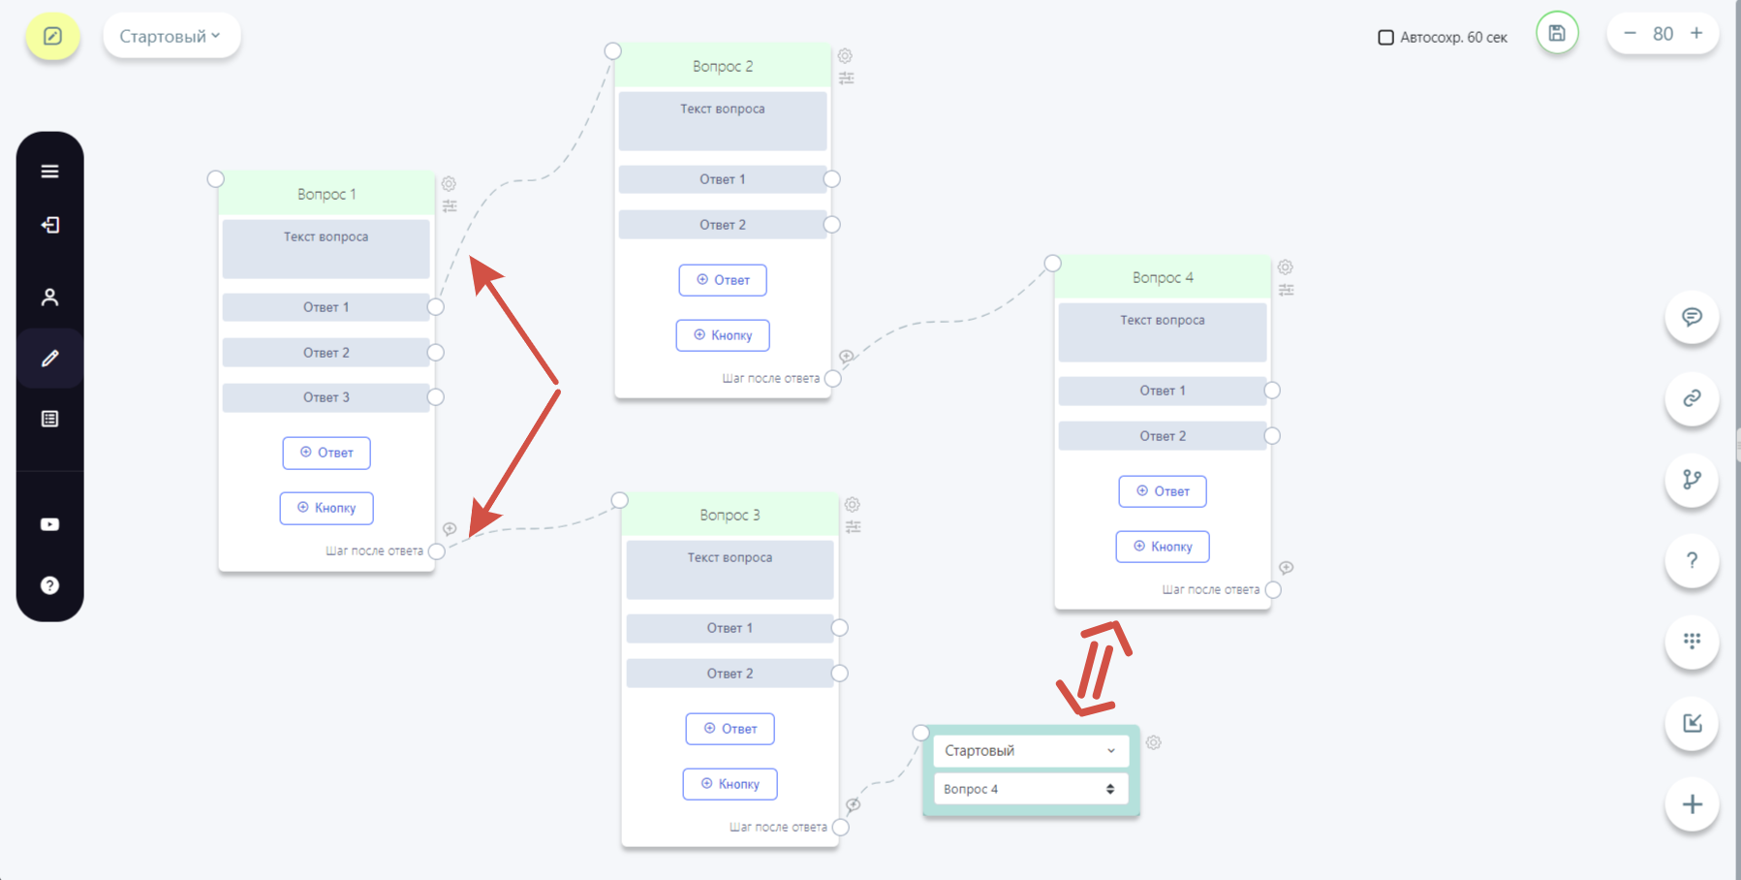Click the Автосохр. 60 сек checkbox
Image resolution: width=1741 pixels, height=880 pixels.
[x=1385, y=38]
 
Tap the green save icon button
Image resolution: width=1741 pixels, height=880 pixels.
[x=1557, y=34]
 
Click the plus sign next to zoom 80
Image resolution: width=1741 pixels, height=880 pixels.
[x=1696, y=33]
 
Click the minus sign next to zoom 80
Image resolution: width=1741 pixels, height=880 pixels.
[x=1631, y=33]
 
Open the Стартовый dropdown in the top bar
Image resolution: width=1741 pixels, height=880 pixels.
[x=171, y=36]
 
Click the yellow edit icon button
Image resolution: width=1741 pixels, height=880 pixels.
[x=52, y=36]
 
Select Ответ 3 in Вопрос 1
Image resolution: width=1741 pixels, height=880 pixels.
[x=326, y=397]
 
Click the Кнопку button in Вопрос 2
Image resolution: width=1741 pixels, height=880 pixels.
[x=723, y=335]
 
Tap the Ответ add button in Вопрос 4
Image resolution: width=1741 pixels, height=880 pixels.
[x=1163, y=491]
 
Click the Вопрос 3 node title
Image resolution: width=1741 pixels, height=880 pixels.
[x=730, y=515]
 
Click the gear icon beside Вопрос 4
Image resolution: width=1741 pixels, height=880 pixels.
[x=1286, y=267]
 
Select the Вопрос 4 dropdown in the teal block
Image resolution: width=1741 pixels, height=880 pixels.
[x=1031, y=789]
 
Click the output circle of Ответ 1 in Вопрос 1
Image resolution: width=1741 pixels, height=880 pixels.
[x=436, y=307]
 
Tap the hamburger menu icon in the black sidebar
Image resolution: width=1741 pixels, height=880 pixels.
[x=50, y=172]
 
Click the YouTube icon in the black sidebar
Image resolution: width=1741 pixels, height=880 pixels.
[x=50, y=524]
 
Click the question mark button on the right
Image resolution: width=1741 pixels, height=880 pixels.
[x=1692, y=560]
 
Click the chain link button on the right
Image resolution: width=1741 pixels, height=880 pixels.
[x=1692, y=398]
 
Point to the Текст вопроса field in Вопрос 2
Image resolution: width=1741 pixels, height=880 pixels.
[x=723, y=121]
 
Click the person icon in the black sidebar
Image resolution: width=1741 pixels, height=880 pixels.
[x=50, y=298]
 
